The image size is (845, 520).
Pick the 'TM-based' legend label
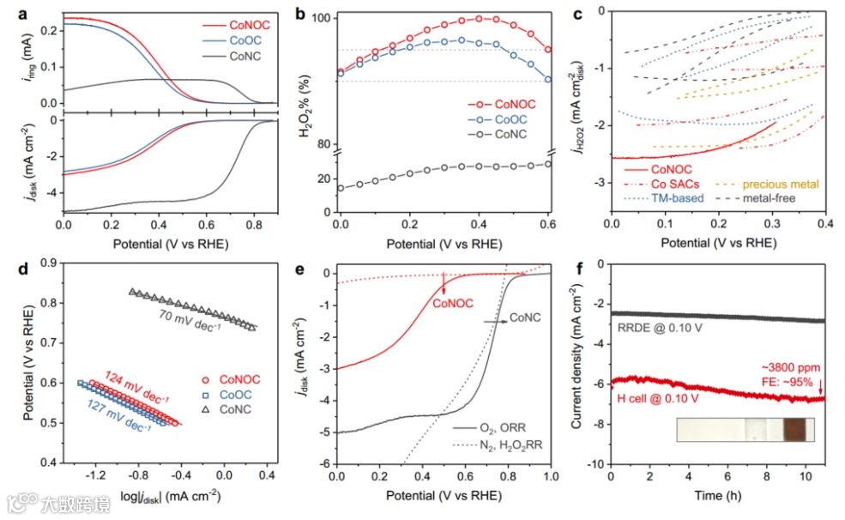[679, 198]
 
